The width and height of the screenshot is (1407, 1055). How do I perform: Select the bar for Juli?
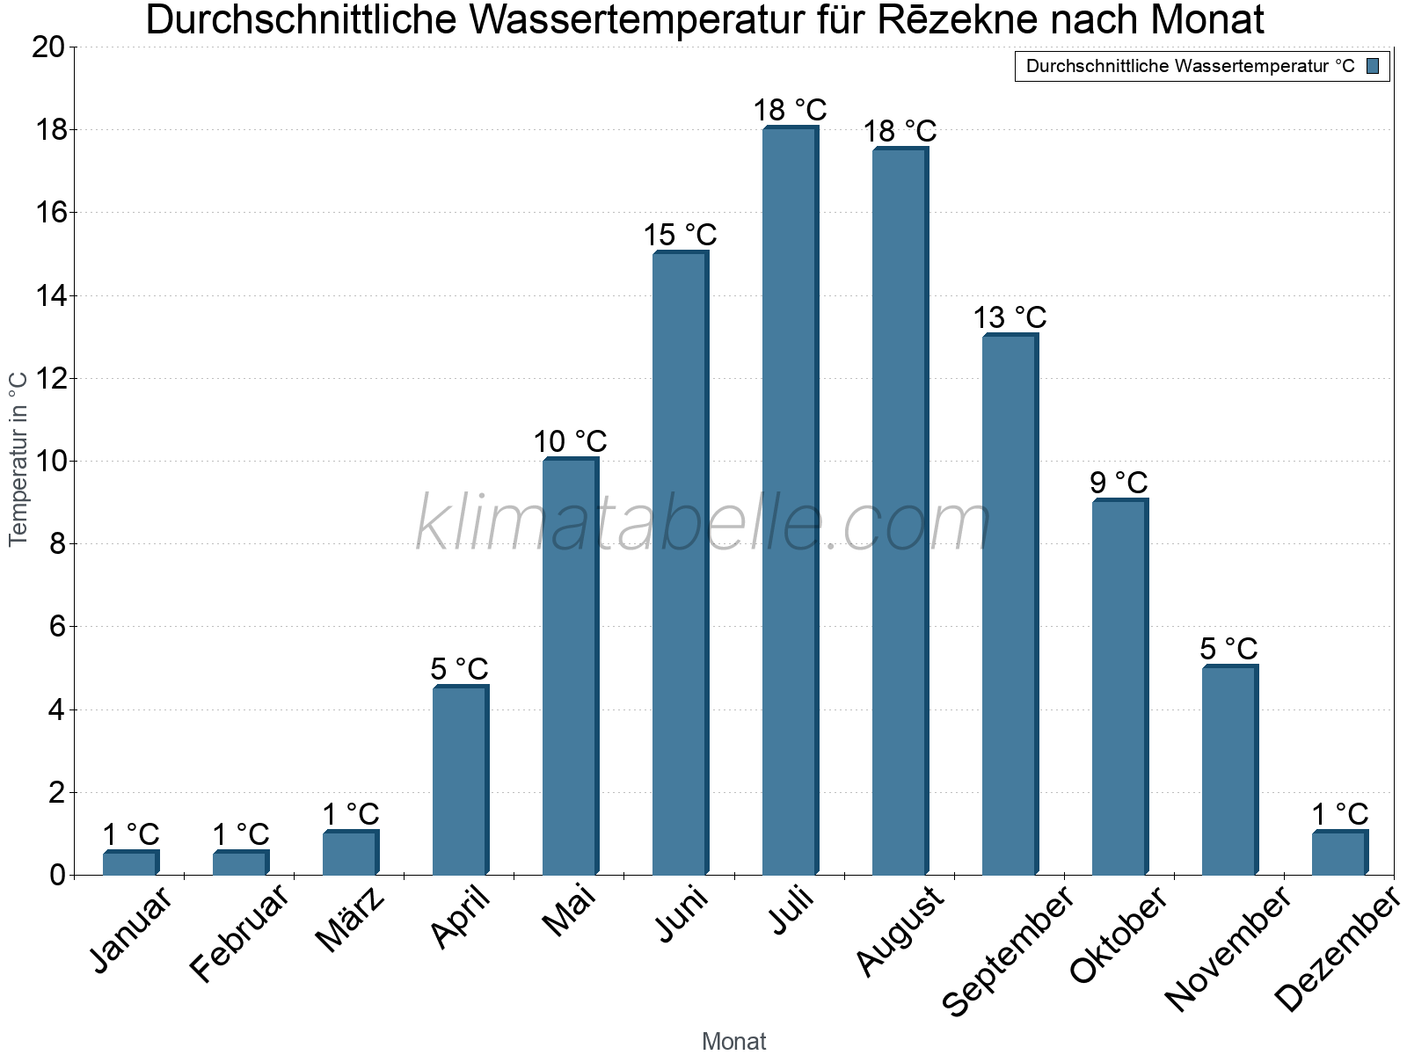pyautogui.click(x=790, y=501)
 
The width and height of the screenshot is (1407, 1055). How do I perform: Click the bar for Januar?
pyautogui.click(x=130, y=863)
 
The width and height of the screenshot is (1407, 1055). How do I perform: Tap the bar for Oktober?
pyautogui.click(x=1119, y=688)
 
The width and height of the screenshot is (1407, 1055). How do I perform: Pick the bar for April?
pyautogui.click(x=460, y=781)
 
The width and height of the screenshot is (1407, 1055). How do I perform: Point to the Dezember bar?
pyautogui.click(x=1339, y=853)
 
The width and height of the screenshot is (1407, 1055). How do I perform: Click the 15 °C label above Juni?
pyautogui.click(x=680, y=236)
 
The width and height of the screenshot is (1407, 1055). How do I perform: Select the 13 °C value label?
pyautogui.click(x=1010, y=317)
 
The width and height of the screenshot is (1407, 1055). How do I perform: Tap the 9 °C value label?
pyautogui.click(x=1119, y=483)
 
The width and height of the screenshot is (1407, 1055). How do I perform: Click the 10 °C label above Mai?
pyautogui.click(x=570, y=441)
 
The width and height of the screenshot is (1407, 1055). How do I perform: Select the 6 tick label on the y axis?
pyautogui.click(x=57, y=627)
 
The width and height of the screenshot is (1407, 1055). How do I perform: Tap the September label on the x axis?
pyautogui.click(x=1008, y=949)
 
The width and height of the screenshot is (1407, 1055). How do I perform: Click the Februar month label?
pyautogui.click(x=238, y=933)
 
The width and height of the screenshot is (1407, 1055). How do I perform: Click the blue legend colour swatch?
pyautogui.click(x=1374, y=66)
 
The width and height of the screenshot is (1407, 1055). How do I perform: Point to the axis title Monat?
pyautogui.click(x=733, y=1042)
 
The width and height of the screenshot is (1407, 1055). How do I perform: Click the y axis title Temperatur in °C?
pyautogui.click(x=18, y=459)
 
